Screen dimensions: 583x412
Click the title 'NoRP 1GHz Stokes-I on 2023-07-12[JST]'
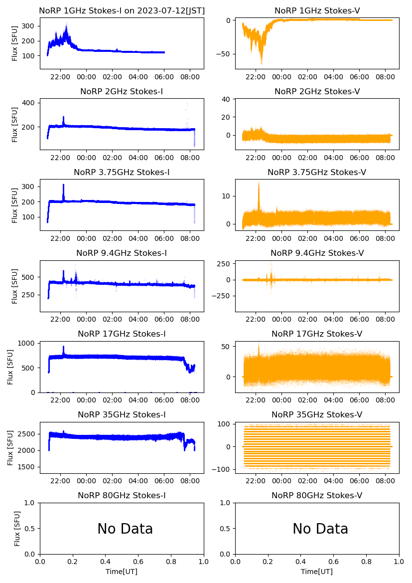coord(122,11)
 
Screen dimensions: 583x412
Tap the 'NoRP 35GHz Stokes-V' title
coord(317,415)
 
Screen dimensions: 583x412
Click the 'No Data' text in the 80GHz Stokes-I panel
coord(125,529)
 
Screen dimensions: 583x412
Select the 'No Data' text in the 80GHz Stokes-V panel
coord(320,529)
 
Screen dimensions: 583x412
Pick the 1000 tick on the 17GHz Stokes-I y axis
coord(26,343)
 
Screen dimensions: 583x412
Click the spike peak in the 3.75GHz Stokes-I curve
coord(63,185)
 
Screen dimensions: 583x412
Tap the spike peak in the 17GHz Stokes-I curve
coord(63,347)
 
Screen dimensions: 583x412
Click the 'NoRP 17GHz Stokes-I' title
coord(122,334)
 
